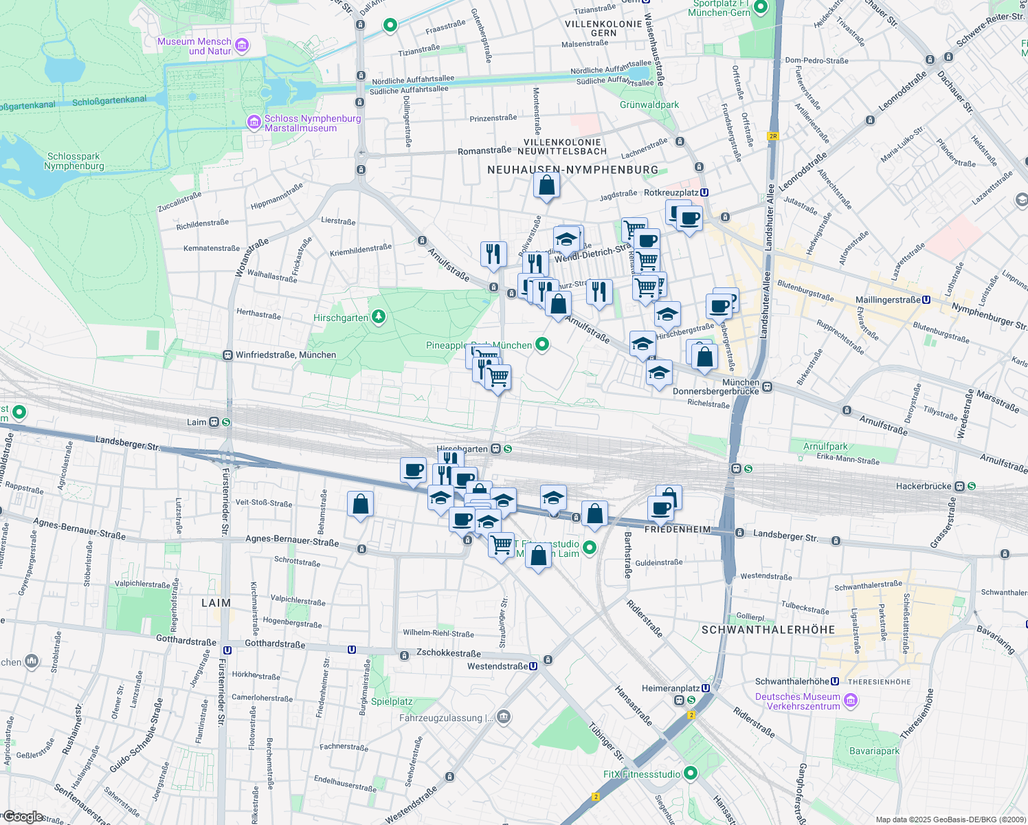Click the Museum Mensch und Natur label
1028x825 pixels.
click(x=194, y=46)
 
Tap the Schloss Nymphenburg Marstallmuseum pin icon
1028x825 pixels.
click(x=254, y=122)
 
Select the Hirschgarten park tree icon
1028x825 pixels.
click(x=378, y=317)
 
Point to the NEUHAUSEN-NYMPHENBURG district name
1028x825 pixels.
click(x=572, y=170)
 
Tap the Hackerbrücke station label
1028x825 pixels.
click(x=924, y=486)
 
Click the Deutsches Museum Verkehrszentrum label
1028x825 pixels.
click(x=797, y=701)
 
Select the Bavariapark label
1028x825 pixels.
click(x=874, y=751)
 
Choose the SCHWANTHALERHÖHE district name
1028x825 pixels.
click(x=768, y=630)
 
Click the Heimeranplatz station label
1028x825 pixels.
click(x=670, y=688)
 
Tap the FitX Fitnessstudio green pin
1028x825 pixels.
click(x=691, y=773)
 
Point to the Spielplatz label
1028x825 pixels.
click(x=392, y=702)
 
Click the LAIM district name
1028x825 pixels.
click(x=216, y=603)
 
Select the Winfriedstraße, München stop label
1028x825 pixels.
click(x=286, y=355)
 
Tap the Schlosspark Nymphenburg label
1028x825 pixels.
click(x=74, y=161)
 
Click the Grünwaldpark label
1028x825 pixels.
click(x=649, y=105)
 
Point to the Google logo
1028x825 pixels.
click(x=23, y=816)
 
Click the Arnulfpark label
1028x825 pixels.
click(x=825, y=446)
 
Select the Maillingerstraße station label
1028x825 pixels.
click(x=888, y=300)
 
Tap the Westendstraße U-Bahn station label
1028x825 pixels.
click(x=498, y=666)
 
